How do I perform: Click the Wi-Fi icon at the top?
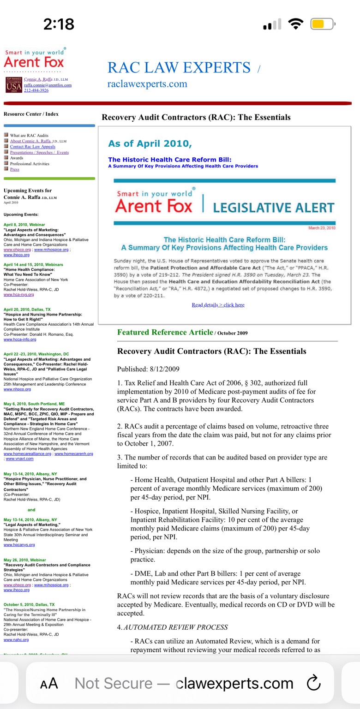[294, 24]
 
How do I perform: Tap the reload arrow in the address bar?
[313, 683]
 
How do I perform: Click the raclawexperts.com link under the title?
[147, 84]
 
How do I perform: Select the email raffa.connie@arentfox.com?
[48, 85]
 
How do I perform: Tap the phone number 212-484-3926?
[36, 90]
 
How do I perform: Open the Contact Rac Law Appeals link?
[32, 147]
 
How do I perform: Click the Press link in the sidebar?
[15, 169]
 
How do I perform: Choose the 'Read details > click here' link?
[218, 305]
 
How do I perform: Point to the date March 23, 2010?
[321, 228]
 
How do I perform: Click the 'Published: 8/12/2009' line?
[148, 369]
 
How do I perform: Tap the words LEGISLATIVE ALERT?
[273, 207]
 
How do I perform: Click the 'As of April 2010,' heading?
[150, 143]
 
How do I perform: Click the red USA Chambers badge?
[13, 85]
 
